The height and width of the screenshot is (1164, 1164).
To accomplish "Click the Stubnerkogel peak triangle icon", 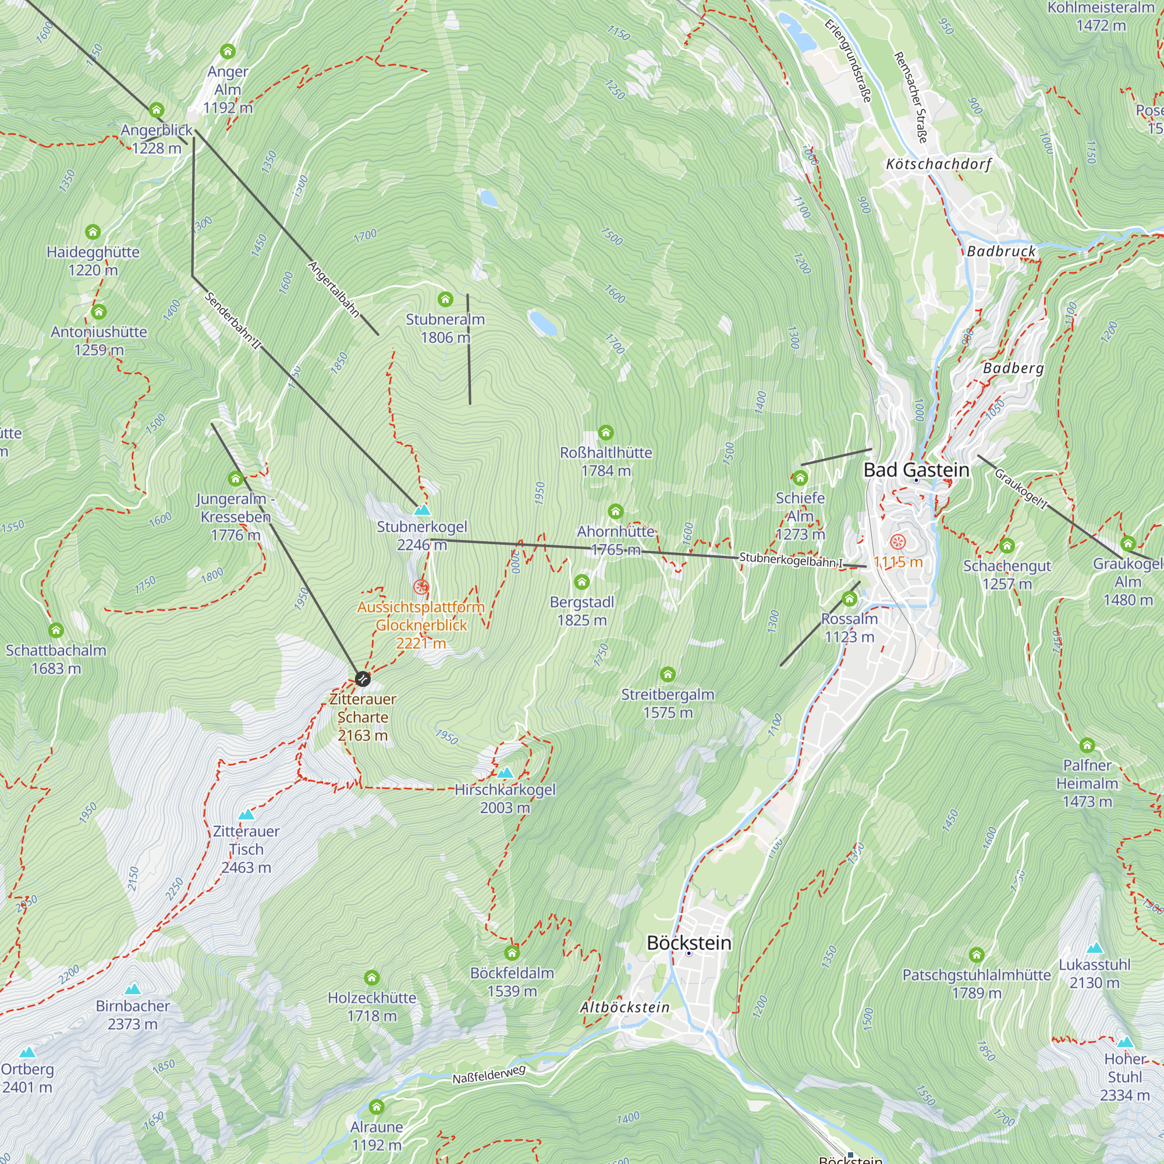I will point(423,510).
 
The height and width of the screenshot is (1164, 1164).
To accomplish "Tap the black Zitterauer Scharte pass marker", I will point(362,679).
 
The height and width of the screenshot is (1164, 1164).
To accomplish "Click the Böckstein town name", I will point(689,943).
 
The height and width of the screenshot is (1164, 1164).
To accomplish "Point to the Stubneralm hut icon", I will point(445,299).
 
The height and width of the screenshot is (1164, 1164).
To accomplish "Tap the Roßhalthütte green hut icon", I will point(605,432).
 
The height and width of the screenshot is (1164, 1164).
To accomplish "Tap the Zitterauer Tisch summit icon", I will point(246,815).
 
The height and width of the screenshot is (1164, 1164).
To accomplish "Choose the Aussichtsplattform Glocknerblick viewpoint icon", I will point(421,586).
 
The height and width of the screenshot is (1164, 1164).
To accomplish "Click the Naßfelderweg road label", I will point(489,1074).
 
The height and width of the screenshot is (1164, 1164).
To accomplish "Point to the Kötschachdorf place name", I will point(938,164).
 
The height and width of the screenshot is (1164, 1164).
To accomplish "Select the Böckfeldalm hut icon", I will point(512,953).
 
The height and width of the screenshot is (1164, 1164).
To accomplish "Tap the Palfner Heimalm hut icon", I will point(1087,746).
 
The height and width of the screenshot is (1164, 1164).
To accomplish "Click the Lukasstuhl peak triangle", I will point(1095,947).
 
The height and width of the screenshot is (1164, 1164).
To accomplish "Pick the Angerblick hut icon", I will point(156,109).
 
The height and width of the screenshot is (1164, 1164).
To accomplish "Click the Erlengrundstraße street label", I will point(848,61).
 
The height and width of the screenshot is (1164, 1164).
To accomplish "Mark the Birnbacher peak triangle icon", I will point(133,989).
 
